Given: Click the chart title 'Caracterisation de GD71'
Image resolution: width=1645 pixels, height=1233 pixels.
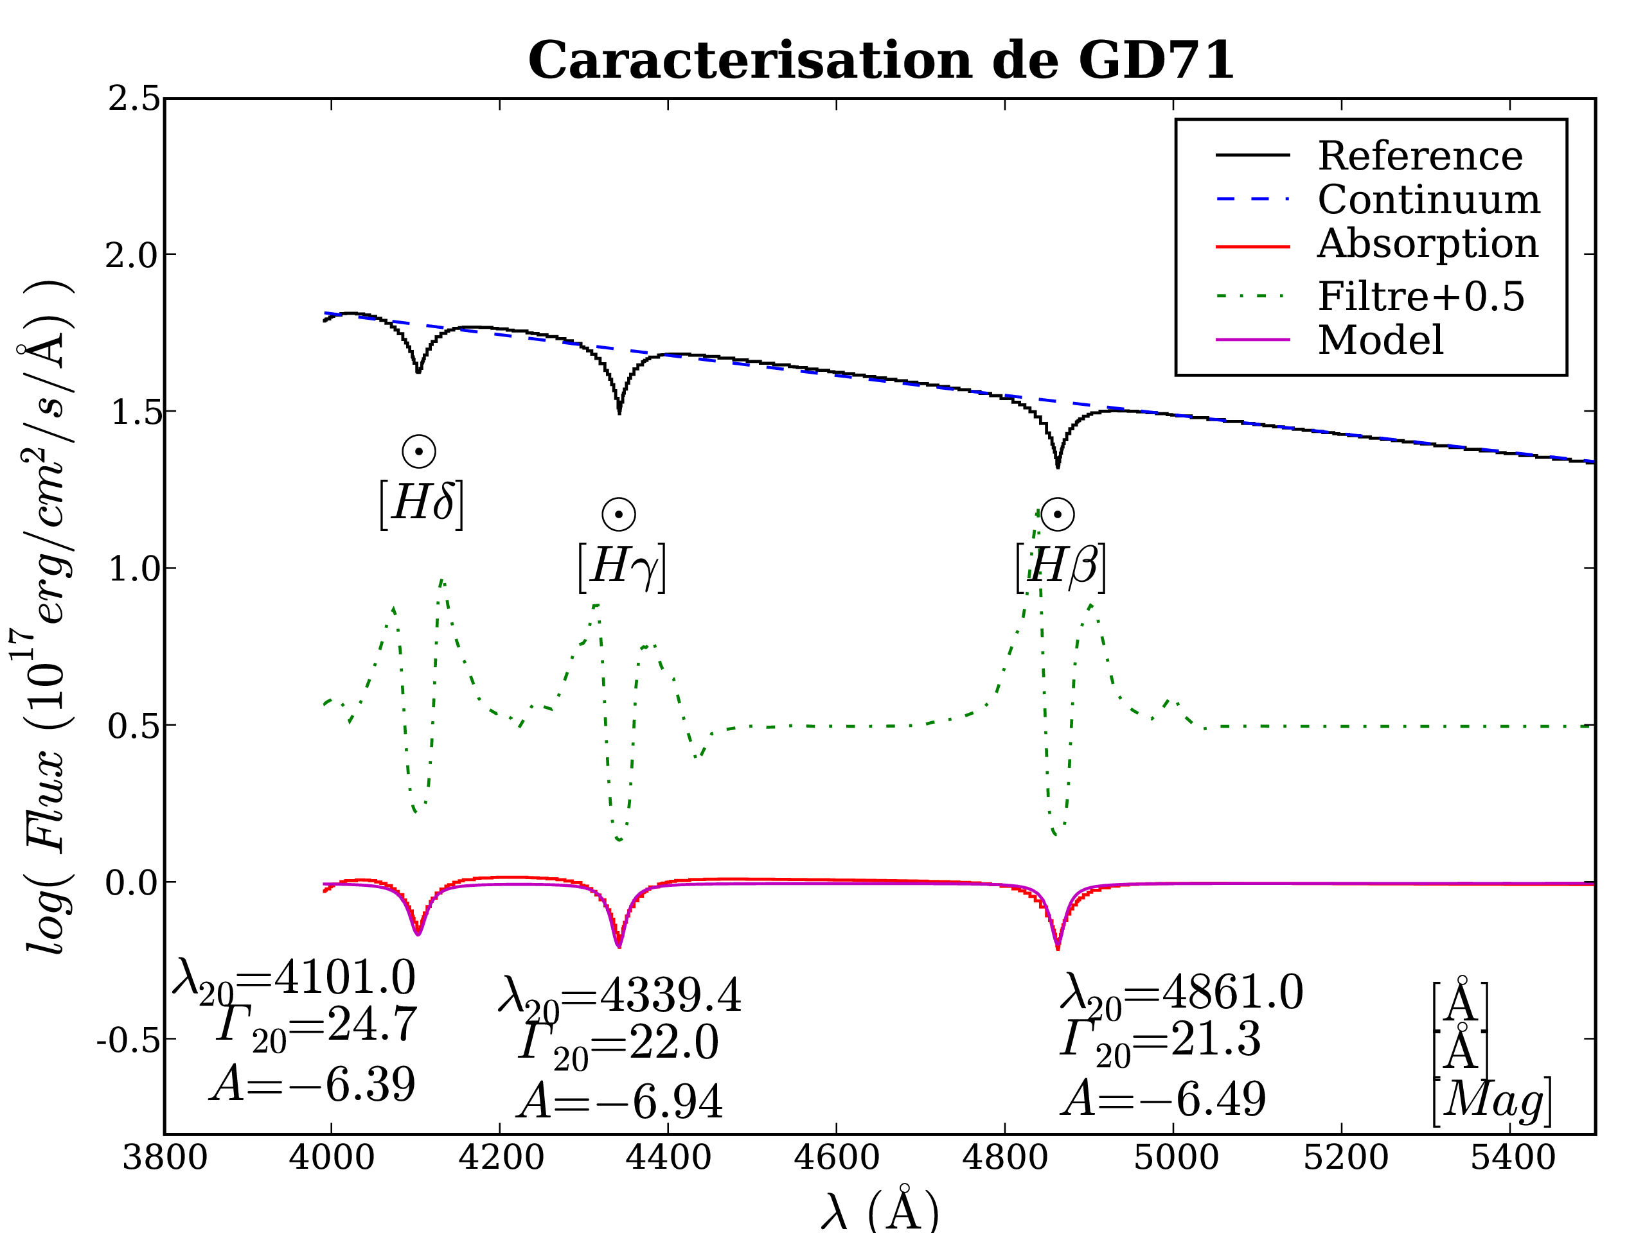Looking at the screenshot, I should [x=880, y=61].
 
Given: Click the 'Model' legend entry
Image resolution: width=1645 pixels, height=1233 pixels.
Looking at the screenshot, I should [x=1380, y=340].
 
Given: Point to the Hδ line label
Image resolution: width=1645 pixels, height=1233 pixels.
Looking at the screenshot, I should [x=422, y=504].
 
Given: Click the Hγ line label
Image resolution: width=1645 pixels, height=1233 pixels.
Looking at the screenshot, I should [x=622, y=567].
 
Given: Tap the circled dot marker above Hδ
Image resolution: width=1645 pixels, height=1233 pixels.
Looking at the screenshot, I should [x=419, y=451].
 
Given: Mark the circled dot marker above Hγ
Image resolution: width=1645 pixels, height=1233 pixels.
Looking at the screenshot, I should [x=619, y=514].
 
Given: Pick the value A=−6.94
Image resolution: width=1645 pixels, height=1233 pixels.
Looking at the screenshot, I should [x=620, y=1101].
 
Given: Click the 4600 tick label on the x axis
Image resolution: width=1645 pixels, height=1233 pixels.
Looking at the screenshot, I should [x=837, y=1158].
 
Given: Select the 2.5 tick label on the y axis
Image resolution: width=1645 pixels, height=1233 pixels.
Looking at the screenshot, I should [x=134, y=99].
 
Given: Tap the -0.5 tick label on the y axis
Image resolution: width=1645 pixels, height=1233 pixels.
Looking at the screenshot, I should [x=128, y=1040].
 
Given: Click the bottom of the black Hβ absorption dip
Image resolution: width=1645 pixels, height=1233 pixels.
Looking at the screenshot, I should [x=1058, y=466].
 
